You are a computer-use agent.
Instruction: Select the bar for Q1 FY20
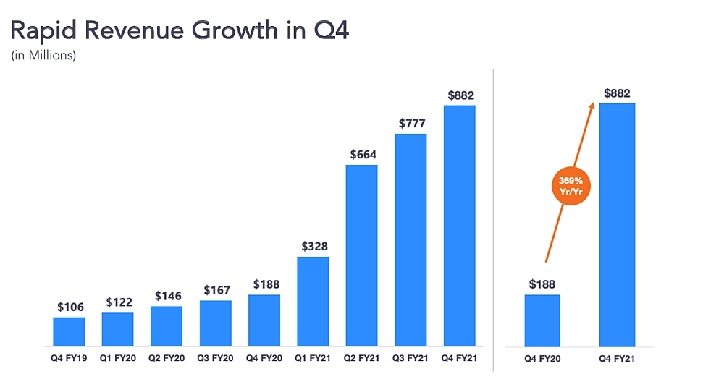pyautogui.click(x=117, y=329)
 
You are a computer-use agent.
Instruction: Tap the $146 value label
pyautogui.click(x=167, y=296)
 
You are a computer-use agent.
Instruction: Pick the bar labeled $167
pyautogui.click(x=215, y=323)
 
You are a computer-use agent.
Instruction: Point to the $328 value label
pyautogui.click(x=313, y=246)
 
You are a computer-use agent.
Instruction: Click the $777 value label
pyautogui.click(x=411, y=124)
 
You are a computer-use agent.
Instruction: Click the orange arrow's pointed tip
pyautogui.click(x=593, y=104)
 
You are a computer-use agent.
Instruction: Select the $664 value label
pyautogui.click(x=361, y=154)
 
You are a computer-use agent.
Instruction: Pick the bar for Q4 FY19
pyautogui.click(x=69, y=331)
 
